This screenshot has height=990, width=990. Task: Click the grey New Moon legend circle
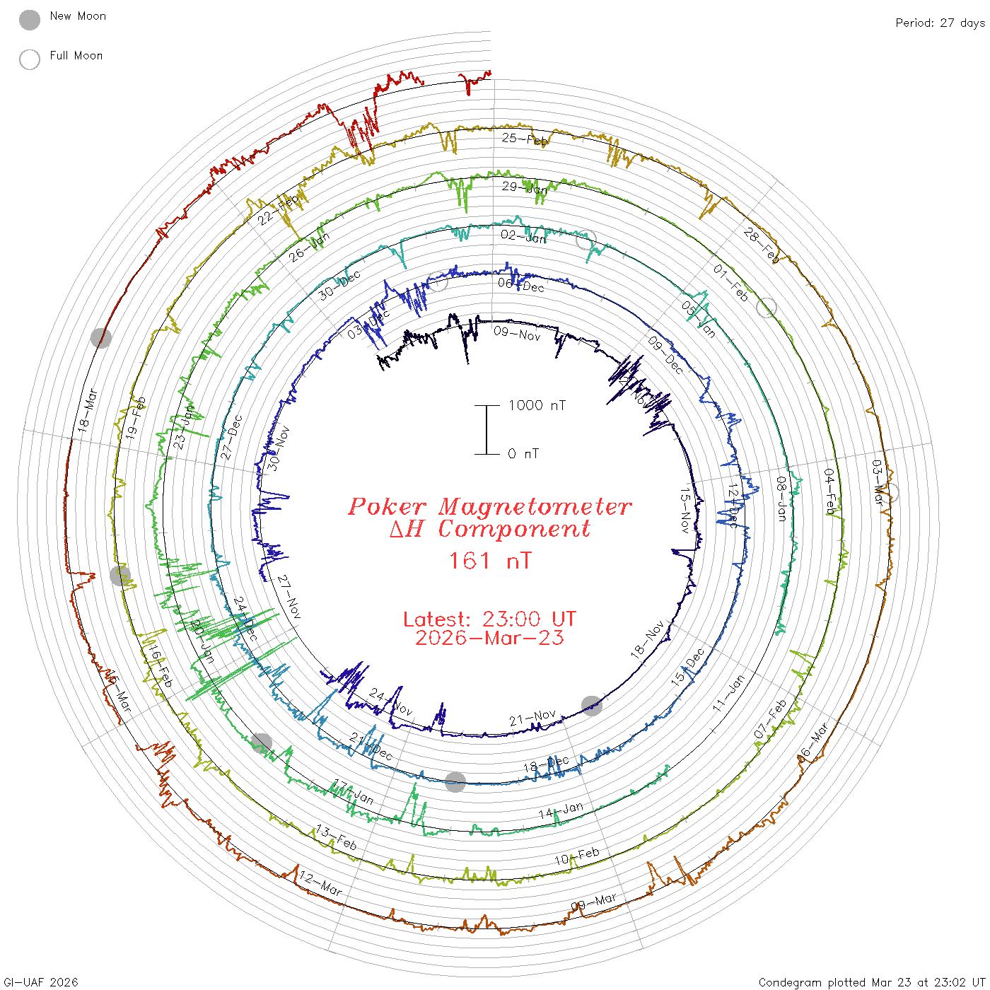(x=30, y=21)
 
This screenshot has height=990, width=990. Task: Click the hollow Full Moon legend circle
(x=30, y=59)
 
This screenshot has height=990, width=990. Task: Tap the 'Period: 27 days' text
(x=940, y=23)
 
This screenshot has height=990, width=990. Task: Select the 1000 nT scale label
(x=537, y=405)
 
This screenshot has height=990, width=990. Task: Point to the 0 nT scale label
(x=523, y=454)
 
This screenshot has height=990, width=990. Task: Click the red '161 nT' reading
(x=490, y=561)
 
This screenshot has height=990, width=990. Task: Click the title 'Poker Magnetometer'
(x=490, y=506)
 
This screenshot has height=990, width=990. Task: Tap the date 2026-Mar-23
(x=490, y=639)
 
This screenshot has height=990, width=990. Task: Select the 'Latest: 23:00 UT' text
(x=490, y=619)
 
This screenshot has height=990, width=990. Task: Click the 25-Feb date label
(x=525, y=139)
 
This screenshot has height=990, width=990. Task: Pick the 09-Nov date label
(x=517, y=333)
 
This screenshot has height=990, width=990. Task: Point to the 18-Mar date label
(x=88, y=410)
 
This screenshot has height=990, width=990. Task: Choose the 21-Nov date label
(x=532, y=718)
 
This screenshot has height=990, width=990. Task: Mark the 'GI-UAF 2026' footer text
(x=40, y=982)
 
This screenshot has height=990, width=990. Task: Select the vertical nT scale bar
(x=487, y=430)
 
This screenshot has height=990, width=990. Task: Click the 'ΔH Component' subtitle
(x=490, y=529)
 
